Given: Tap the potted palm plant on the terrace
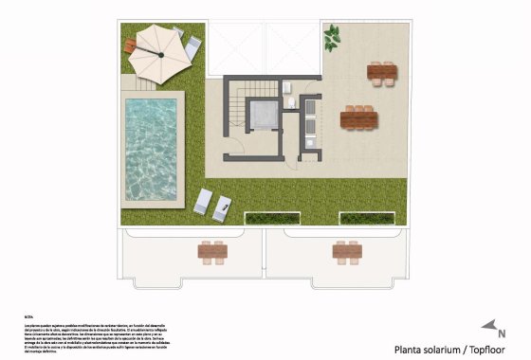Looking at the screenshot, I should [x=331, y=38].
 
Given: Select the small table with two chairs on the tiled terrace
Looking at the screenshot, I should [x=382, y=71].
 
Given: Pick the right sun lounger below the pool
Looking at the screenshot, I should [x=224, y=207].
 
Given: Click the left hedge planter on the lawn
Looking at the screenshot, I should [x=274, y=218].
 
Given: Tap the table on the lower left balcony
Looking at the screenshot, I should [x=212, y=251].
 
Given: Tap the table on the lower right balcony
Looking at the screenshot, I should [x=346, y=251].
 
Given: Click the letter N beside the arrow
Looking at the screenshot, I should [x=502, y=333].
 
